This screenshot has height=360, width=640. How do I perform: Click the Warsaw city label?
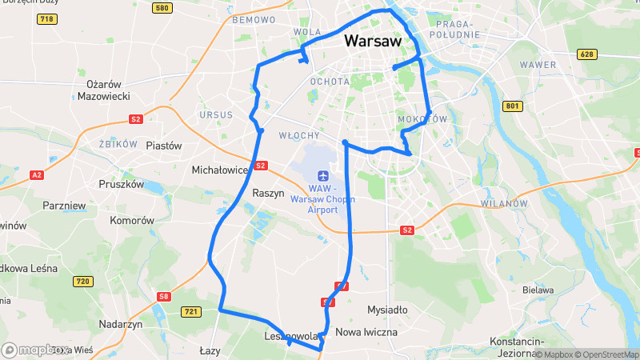[x=372, y=41]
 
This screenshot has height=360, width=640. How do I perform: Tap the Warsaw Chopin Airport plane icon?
[x=322, y=175]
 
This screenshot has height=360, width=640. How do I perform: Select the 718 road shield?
[x=46, y=18]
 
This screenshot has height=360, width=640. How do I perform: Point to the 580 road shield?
[x=162, y=8]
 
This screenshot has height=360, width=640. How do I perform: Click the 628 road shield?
[x=587, y=54]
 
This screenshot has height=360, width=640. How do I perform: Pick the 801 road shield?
[x=512, y=106]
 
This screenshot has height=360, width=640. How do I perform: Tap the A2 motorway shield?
[x=36, y=174]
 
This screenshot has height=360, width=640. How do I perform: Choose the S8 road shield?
[x=164, y=297]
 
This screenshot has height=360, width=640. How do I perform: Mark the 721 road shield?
[x=190, y=311]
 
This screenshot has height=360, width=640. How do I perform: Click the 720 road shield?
[x=82, y=281]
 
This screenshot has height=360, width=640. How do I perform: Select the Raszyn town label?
[x=268, y=193]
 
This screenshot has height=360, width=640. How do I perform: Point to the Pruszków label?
[x=121, y=184]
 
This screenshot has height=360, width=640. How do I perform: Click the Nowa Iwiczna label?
[x=366, y=331]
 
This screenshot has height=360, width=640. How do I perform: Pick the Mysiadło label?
[x=386, y=310]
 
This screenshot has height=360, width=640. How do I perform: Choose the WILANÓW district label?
[x=505, y=204]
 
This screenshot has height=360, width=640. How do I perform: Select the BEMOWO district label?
[x=254, y=19]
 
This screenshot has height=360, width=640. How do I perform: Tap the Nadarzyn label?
[x=120, y=324]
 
